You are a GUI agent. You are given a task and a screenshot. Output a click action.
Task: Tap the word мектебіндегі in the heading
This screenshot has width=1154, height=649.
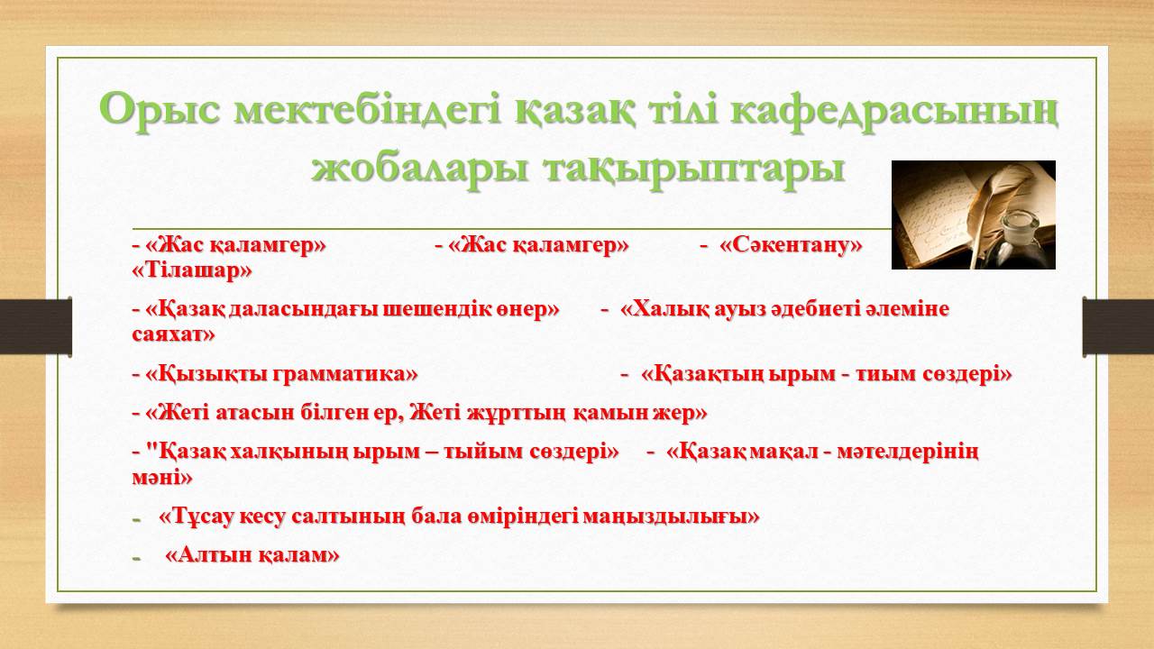pos(366,110)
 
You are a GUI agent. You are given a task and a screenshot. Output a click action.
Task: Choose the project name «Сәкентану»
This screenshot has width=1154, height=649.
pos(791,244)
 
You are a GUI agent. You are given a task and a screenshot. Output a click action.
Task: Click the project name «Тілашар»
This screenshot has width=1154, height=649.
pos(192,270)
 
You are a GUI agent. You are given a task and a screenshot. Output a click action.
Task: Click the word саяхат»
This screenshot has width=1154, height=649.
pos(173,334)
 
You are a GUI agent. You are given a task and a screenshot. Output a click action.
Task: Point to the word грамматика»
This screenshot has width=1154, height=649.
pos(344,373)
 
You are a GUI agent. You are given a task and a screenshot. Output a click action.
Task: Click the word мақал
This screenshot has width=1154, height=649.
pos(783,452)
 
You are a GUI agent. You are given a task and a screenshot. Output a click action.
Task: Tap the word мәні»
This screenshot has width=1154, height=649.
pos(161,477)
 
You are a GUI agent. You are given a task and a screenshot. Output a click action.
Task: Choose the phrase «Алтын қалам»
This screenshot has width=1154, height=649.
pos(252,555)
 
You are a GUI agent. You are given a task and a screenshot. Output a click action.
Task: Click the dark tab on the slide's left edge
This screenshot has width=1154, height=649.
pos(35,325)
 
